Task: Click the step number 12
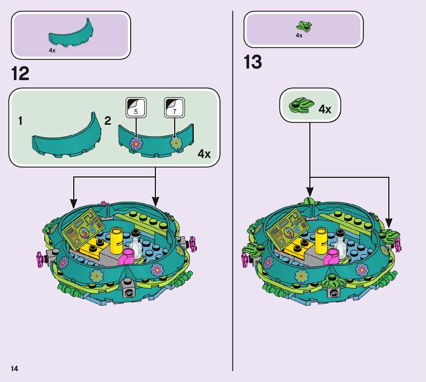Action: point(20,74)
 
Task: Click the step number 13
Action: point(253,62)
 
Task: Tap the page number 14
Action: point(14,369)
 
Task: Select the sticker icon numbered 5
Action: point(136,107)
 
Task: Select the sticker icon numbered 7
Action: point(174,107)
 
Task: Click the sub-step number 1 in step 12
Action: point(20,121)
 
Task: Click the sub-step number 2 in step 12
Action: point(108,121)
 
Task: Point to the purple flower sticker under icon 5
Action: point(136,144)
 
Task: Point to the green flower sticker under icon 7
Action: point(176,143)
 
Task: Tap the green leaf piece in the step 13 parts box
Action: point(304,26)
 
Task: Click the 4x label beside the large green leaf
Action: point(325,109)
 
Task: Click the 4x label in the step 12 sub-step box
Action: point(204,154)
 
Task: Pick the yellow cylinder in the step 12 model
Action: point(116,240)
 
